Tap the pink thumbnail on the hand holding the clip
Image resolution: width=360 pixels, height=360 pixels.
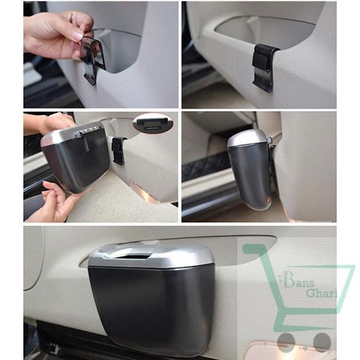click(79, 36)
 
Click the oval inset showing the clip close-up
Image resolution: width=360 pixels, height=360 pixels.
click(153, 123)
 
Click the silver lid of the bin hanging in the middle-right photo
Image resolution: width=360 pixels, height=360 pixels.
click(248, 139)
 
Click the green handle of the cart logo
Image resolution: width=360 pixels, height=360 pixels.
click(254, 250)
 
